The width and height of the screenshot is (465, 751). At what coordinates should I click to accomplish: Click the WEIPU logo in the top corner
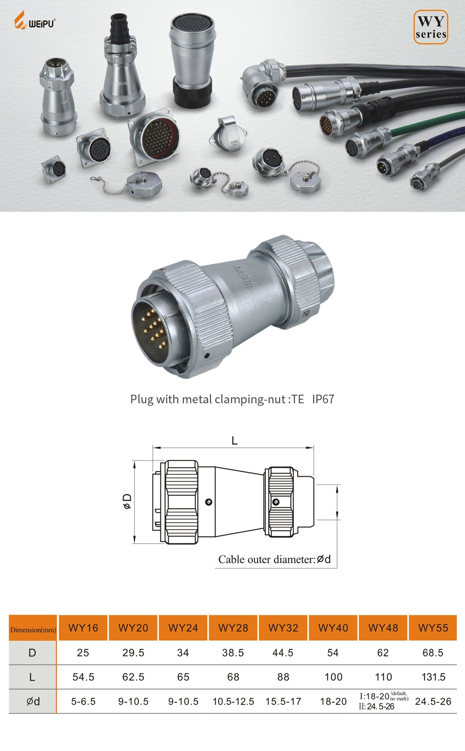(34, 22)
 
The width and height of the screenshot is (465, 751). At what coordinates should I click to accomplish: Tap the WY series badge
(430, 27)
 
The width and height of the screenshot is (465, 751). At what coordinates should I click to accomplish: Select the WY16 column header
(83, 628)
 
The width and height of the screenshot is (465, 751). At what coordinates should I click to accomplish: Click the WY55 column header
(433, 628)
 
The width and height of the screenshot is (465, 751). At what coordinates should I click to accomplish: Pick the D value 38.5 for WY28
(233, 653)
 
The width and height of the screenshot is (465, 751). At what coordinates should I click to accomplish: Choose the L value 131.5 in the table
(433, 677)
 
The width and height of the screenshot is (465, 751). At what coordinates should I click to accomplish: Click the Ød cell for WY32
(283, 701)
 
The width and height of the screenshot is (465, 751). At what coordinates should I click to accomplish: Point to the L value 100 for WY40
(333, 677)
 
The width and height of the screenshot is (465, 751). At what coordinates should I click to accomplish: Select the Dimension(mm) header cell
(33, 629)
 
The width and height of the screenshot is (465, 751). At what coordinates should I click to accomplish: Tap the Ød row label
(33, 701)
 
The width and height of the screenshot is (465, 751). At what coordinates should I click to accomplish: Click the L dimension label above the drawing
(235, 441)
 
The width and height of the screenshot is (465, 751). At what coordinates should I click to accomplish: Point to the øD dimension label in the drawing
(127, 501)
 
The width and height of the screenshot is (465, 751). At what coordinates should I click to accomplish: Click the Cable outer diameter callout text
(274, 560)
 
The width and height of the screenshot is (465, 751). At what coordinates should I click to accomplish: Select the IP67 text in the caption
(323, 399)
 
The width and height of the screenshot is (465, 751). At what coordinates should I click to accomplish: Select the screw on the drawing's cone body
(208, 502)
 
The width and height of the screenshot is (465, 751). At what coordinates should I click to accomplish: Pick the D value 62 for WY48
(383, 653)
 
